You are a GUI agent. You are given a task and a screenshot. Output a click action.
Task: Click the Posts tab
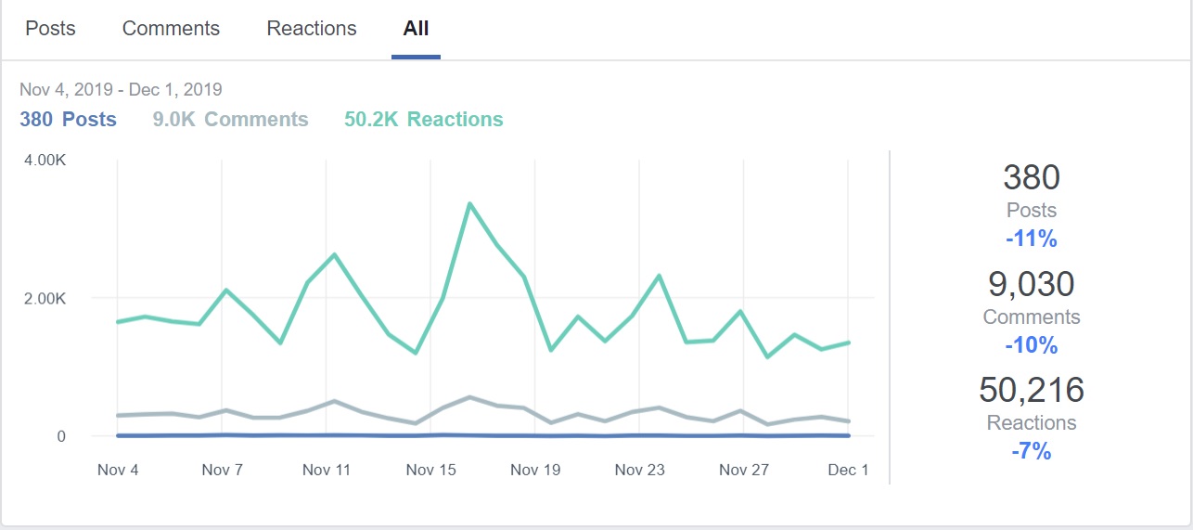(x=50, y=28)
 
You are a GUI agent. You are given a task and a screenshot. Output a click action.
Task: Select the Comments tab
(x=171, y=28)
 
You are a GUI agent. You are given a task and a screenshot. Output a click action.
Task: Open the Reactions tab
(x=312, y=28)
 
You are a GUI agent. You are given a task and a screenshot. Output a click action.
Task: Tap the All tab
(x=416, y=28)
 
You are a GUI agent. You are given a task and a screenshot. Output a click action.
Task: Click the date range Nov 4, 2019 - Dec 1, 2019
(x=121, y=90)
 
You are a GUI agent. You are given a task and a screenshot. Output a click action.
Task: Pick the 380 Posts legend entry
(x=68, y=119)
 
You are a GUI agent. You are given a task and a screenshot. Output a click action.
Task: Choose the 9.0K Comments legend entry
(x=230, y=119)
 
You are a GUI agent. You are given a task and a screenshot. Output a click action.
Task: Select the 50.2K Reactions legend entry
(x=423, y=119)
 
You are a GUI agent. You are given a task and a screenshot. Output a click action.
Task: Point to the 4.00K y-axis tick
(x=45, y=160)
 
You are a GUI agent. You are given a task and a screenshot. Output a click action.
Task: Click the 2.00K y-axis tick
(x=45, y=298)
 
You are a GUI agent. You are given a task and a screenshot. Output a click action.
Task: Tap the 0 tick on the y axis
(x=61, y=436)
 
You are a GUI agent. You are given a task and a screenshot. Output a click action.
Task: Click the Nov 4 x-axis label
(x=118, y=470)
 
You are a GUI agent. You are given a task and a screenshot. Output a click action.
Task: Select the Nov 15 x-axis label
(x=431, y=470)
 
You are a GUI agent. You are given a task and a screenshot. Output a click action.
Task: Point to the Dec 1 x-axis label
(x=848, y=470)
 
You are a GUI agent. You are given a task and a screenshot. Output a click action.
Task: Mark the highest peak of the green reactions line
(x=469, y=203)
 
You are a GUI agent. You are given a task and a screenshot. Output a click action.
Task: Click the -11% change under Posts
(x=1032, y=239)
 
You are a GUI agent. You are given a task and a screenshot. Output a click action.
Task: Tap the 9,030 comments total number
(x=1032, y=283)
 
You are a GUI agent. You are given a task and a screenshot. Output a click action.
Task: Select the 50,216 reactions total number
(x=1032, y=390)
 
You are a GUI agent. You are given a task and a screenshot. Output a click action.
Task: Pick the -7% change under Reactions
(x=1032, y=451)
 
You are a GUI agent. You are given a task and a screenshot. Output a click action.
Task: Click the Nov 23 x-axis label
(x=640, y=470)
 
